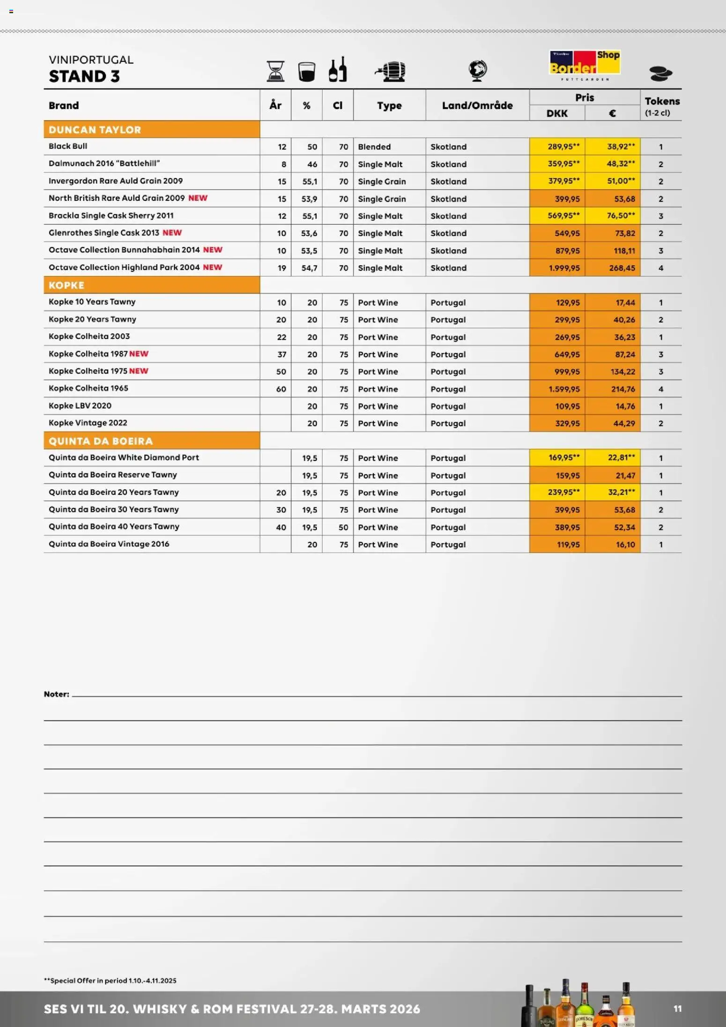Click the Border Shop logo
click(x=585, y=65)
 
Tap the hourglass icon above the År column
click(x=275, y=71)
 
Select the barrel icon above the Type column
click(x=390, y=71)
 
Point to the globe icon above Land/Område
click(x=477, y=71)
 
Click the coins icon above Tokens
click(x=660, y=74)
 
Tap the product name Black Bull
click(x=68, y=146)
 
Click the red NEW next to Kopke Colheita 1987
click(x=139, y=354)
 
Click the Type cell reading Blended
click(x=374, y=147)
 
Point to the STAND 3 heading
click(x=84, y=76)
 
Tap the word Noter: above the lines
click(x=57, y=694)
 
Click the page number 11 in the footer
click(x=677, y=1009)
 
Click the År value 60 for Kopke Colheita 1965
click(x=281, y=389)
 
